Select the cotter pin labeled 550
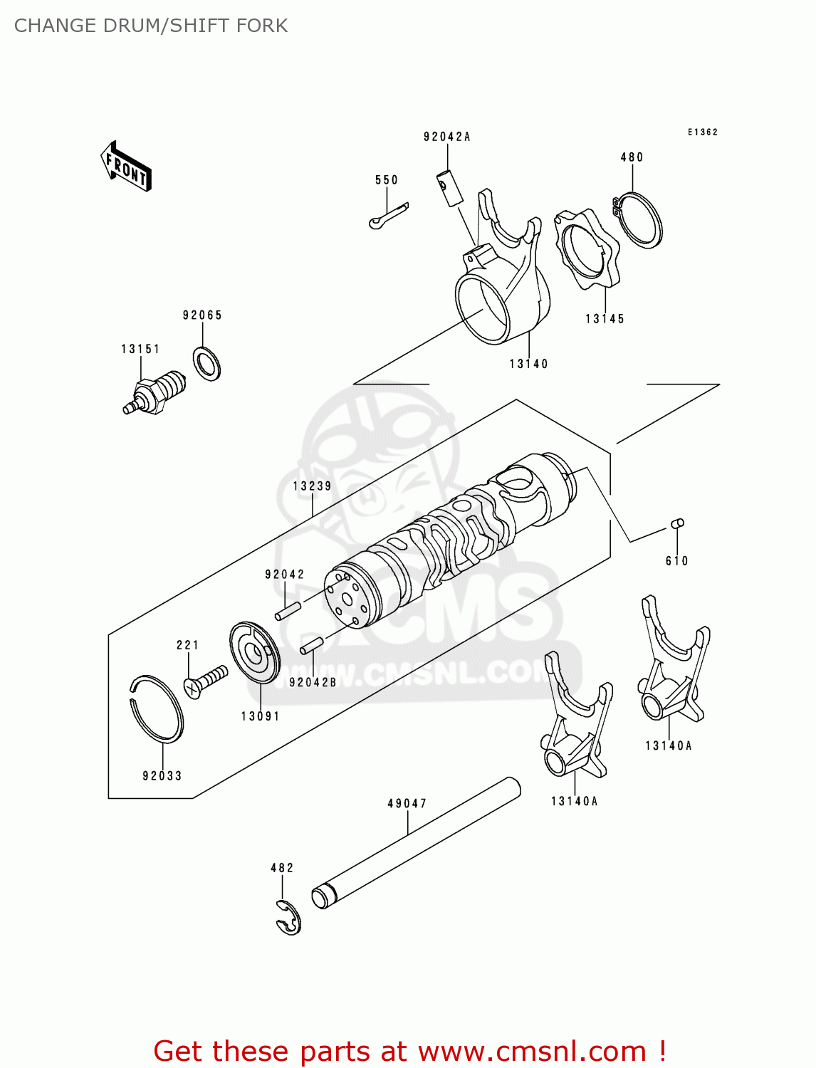pos(389,216)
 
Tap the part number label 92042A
pos(446,137)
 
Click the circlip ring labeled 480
pos(640,220)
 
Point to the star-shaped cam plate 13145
pos(586,249)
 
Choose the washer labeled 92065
pos(206,364)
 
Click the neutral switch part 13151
pos(155,392)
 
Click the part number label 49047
pos(407,804)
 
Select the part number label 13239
pos(312,486)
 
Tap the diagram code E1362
pos(702,132)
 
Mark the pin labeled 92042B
pos(313,644)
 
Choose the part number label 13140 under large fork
pos(528,364)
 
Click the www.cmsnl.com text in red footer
pos(531,1051)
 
